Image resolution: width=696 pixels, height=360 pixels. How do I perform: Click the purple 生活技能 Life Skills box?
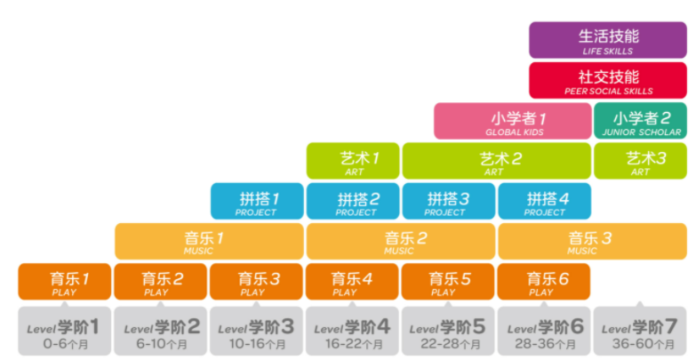[608, 41]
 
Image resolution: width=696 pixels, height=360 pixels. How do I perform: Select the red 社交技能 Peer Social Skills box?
[608, 80]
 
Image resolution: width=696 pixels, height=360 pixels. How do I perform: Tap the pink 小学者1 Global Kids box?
[513, 122]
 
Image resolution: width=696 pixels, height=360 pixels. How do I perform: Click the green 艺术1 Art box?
[353, 161]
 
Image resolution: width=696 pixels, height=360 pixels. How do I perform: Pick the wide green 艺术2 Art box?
[496, 161]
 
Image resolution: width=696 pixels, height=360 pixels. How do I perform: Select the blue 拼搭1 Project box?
[257, 201]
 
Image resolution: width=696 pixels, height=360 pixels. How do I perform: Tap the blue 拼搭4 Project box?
[545, 201]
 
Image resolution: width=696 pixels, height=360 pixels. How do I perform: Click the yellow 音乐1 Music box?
[209, 241]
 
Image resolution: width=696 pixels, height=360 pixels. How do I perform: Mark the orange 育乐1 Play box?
[65, 282]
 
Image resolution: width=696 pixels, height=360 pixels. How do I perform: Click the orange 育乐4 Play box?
[353, 282]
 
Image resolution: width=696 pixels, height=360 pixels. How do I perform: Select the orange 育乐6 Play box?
[545, 282]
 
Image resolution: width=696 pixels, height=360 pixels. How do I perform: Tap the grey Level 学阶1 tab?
[65, 327]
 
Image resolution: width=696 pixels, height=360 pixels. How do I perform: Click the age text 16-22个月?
[353, 343]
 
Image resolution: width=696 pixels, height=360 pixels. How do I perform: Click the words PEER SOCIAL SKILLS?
[608, 91]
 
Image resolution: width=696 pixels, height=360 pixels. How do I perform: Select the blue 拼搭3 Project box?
[449, 201]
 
